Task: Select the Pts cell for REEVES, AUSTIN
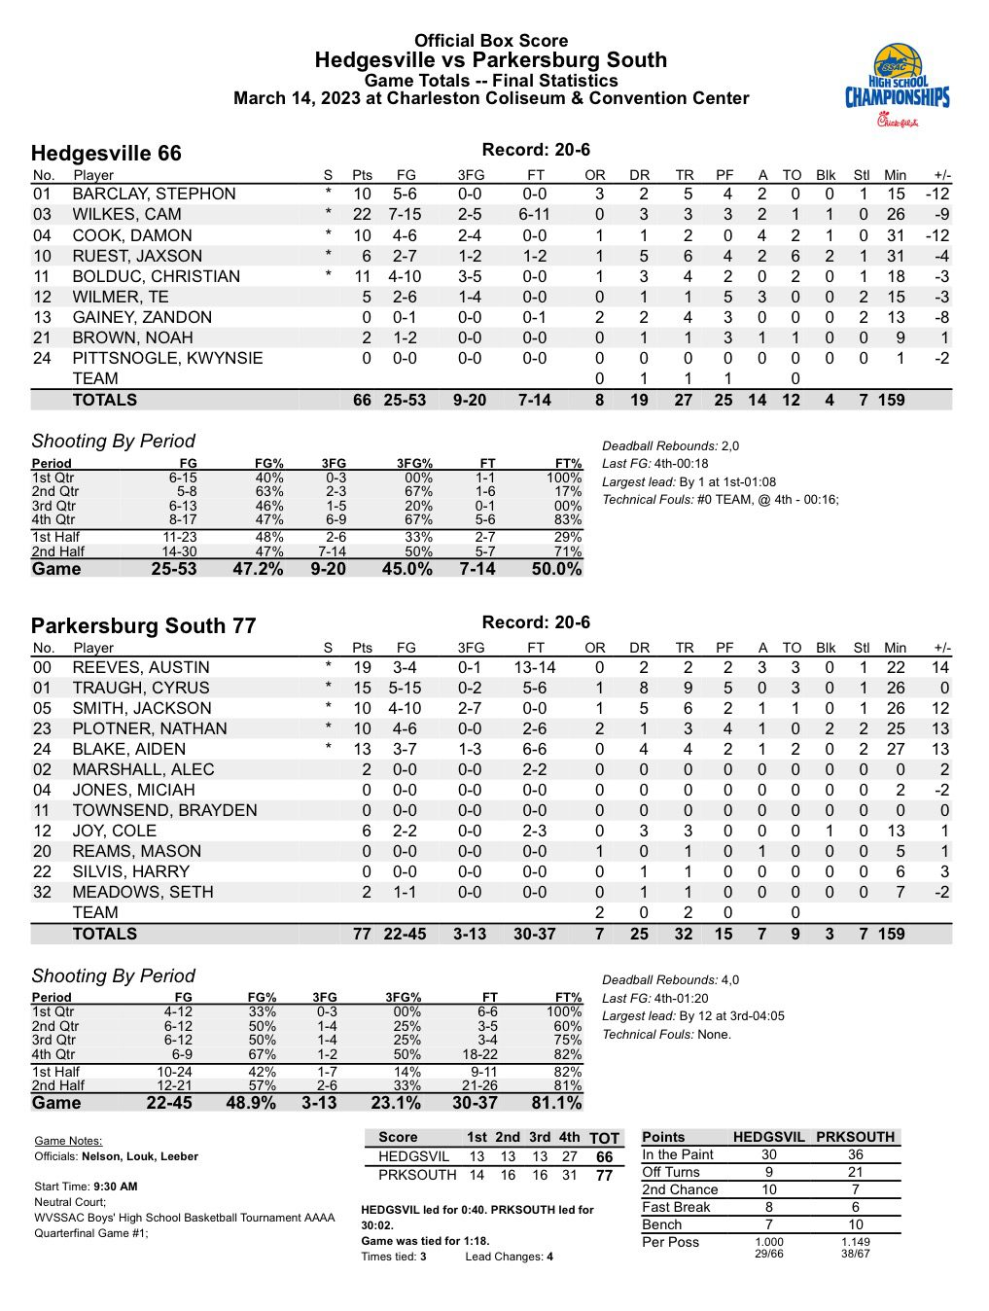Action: point(362,667)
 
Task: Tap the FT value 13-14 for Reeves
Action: point(535,667)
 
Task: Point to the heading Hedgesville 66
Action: point(106,154)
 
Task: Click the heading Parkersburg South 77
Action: point(143,626)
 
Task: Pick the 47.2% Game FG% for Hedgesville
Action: point(258,569)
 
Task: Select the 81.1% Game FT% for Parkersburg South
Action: point(556,1103)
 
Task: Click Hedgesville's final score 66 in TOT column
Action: point(605,1157)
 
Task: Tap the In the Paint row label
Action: point(678,1154)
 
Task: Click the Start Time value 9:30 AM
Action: point(115,1187)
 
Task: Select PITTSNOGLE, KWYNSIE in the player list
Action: point(167,358)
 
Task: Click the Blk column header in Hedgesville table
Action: point(826,175)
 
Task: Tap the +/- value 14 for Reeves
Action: point(939,667)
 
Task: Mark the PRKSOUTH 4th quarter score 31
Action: point(570,1175)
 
